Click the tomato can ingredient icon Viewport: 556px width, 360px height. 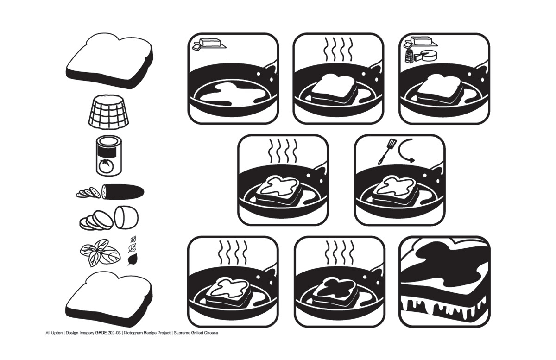pos(109,156)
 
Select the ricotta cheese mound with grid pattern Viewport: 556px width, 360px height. pos(108,112)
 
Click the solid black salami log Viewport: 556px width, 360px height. pos(123,192)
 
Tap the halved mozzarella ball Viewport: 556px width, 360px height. pos(126,217)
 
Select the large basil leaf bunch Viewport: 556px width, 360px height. pos(100,253)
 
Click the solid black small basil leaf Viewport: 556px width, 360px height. pos(132,260)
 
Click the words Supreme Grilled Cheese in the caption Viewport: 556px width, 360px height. pos(196,333)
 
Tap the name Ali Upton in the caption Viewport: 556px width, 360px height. pos(54,333)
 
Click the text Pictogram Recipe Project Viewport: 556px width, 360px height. pos(148,333)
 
